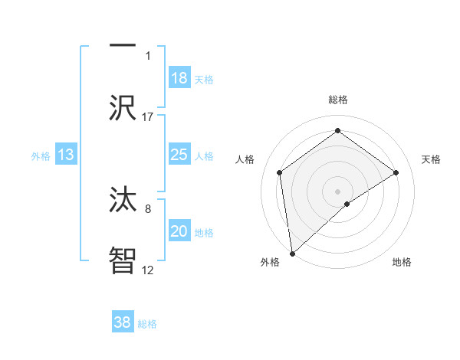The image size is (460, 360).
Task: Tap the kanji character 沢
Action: [x=123, y=107]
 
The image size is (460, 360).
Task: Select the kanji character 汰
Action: [x=123, y=198]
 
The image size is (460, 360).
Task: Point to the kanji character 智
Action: [x=123, y=260]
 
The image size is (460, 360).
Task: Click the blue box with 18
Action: [x=179, y=78]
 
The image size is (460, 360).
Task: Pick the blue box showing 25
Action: [x=179, y=155]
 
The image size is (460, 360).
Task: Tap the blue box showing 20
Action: [x=179, y=231]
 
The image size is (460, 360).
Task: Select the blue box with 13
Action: [x=66, y=155]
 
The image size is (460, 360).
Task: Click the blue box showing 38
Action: [x=123, y=322]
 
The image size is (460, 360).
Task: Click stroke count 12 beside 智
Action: [x=148, y=269]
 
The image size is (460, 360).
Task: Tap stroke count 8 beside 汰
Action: [x=148, y=207]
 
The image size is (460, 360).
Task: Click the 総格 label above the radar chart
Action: [x=338, y=100]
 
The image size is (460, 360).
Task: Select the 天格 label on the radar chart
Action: [x=432, y=159]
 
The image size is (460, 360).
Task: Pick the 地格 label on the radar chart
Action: [x=402, y=262]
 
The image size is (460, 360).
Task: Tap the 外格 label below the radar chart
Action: [x=270, y=262]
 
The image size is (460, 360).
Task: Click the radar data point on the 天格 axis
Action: [x=396, y=172]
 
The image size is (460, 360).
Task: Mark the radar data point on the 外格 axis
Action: [x=292, y=253]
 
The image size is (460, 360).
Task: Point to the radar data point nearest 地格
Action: [x=347, y=204]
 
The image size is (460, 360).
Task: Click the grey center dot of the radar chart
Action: [x=337, y=191]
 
